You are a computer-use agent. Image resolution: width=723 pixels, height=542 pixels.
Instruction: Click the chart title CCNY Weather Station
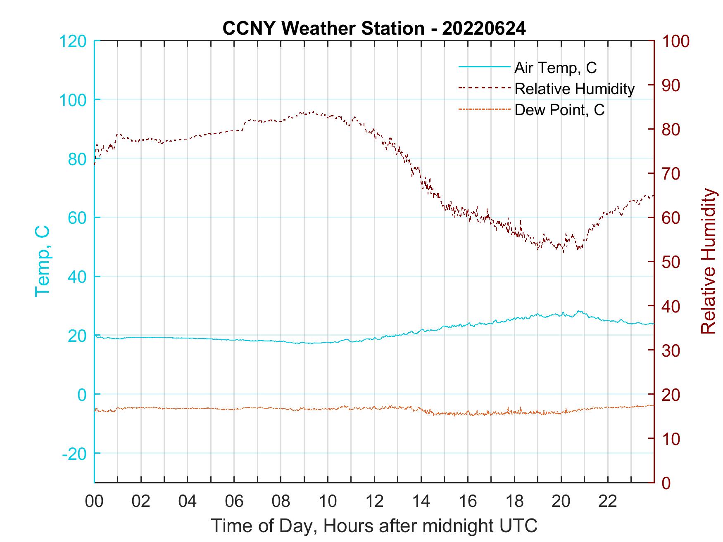374,28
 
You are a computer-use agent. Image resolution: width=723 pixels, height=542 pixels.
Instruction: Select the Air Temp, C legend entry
555,68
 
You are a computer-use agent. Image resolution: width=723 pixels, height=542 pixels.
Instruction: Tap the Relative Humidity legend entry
574,89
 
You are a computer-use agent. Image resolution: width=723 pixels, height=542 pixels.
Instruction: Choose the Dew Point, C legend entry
559,110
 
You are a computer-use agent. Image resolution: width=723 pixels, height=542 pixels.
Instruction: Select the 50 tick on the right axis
671,262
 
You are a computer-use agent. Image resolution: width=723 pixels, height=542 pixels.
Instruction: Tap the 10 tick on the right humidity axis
671,438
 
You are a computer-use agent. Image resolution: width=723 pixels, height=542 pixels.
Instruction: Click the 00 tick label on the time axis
94,502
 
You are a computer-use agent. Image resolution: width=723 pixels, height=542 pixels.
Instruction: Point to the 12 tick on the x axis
374,502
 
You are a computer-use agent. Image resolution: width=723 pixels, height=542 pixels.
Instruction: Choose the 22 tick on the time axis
608,502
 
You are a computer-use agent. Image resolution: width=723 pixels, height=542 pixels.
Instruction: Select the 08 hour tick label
281,502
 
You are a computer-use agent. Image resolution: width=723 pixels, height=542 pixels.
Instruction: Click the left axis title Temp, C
42,261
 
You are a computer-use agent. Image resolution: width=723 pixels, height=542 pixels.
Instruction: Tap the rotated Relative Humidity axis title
708,261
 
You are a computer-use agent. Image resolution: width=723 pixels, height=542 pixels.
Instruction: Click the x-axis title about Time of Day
374,526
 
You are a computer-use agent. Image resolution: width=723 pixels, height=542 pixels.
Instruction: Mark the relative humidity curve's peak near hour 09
314,111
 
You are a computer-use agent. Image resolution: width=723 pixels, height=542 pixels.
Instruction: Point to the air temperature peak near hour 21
579,311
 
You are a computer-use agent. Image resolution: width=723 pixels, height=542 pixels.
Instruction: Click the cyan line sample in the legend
484,66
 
